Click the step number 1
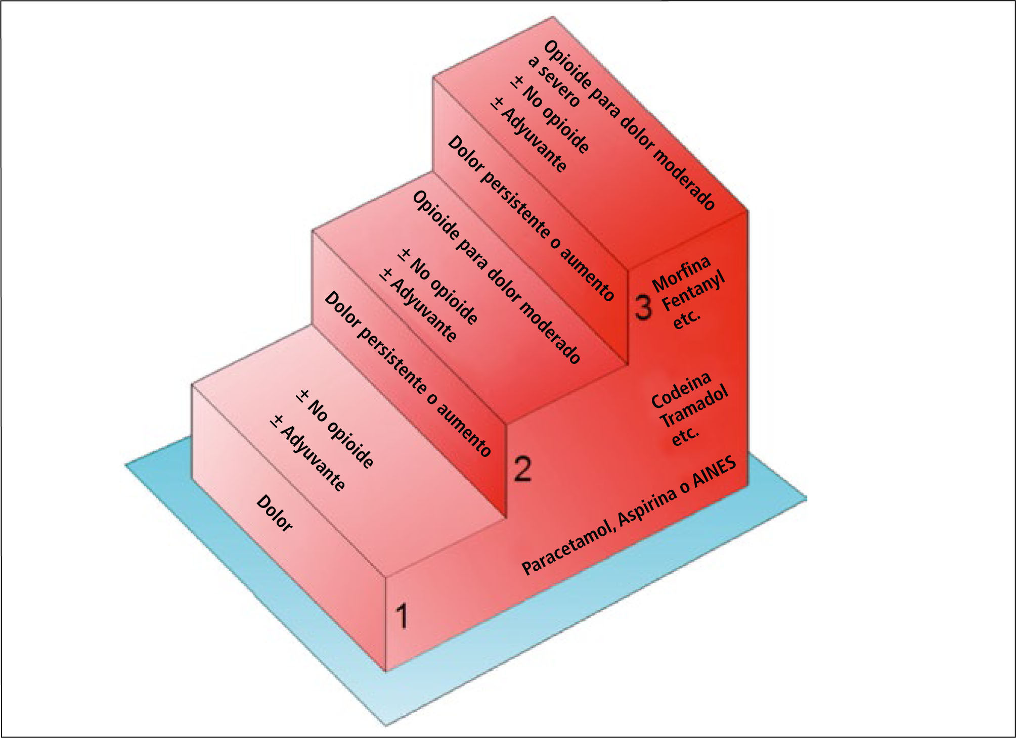(x=402, y=616)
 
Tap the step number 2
(x=523, y=469)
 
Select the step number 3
(x=643, y=307)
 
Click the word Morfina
(x=681, y=274)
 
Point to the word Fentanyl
(x=693, y=292)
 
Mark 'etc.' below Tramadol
(x=685, y=436)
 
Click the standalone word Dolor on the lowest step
(x=275, y=514)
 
